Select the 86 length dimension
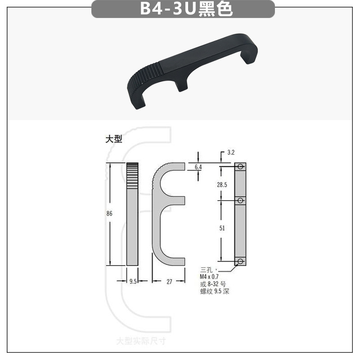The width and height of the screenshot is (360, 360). coord(109,214)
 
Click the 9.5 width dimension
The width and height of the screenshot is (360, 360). coord(133,281)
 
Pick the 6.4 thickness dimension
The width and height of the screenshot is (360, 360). coord(198,167)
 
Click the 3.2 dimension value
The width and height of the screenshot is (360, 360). coord(231,153)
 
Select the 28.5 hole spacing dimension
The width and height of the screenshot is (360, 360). coord(222,184)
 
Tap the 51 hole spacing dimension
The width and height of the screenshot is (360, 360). coord(222,228)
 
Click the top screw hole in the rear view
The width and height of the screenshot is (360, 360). coord(241,167)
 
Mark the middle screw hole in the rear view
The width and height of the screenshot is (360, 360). coord(241,200)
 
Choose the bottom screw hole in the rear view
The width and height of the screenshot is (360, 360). coord(241,261)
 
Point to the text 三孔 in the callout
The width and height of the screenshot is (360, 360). coord(207,270)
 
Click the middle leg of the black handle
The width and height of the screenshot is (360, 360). coord(181,85)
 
